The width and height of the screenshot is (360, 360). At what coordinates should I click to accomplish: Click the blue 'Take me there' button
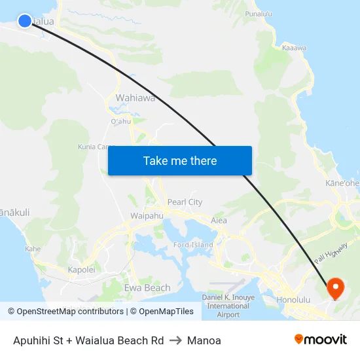[x=179, y=161]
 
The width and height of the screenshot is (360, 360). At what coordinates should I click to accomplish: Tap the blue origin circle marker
[x=25, y=21]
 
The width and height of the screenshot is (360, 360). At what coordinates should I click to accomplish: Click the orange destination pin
[x=335, y=287]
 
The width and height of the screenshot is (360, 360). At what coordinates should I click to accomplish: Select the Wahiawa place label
[x=135, y=98]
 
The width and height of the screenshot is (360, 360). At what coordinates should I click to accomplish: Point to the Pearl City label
[x=185, y=202]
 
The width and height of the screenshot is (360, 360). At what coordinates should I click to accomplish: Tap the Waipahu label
[x=147, y=215]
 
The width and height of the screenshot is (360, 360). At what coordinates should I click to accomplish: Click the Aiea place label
[x=219, y=221]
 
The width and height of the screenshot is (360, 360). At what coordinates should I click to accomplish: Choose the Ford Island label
[x=193, y=245]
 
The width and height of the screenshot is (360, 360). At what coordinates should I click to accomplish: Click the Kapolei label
[x=82, y=269]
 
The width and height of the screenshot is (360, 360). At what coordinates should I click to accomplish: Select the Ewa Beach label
[x=147, y=287]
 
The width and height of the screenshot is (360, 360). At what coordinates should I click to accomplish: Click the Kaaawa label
[x=295, y=48]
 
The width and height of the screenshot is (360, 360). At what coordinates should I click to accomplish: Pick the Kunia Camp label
[x=97, y=147]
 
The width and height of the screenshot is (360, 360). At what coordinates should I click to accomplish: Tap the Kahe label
[x=33, y=249]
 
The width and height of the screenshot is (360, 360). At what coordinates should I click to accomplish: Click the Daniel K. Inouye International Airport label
[x=228, y=306]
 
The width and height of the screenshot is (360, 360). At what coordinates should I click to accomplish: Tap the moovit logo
[x=320, y=340]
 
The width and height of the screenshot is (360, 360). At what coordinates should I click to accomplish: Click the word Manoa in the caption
[x=204, y=340]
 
